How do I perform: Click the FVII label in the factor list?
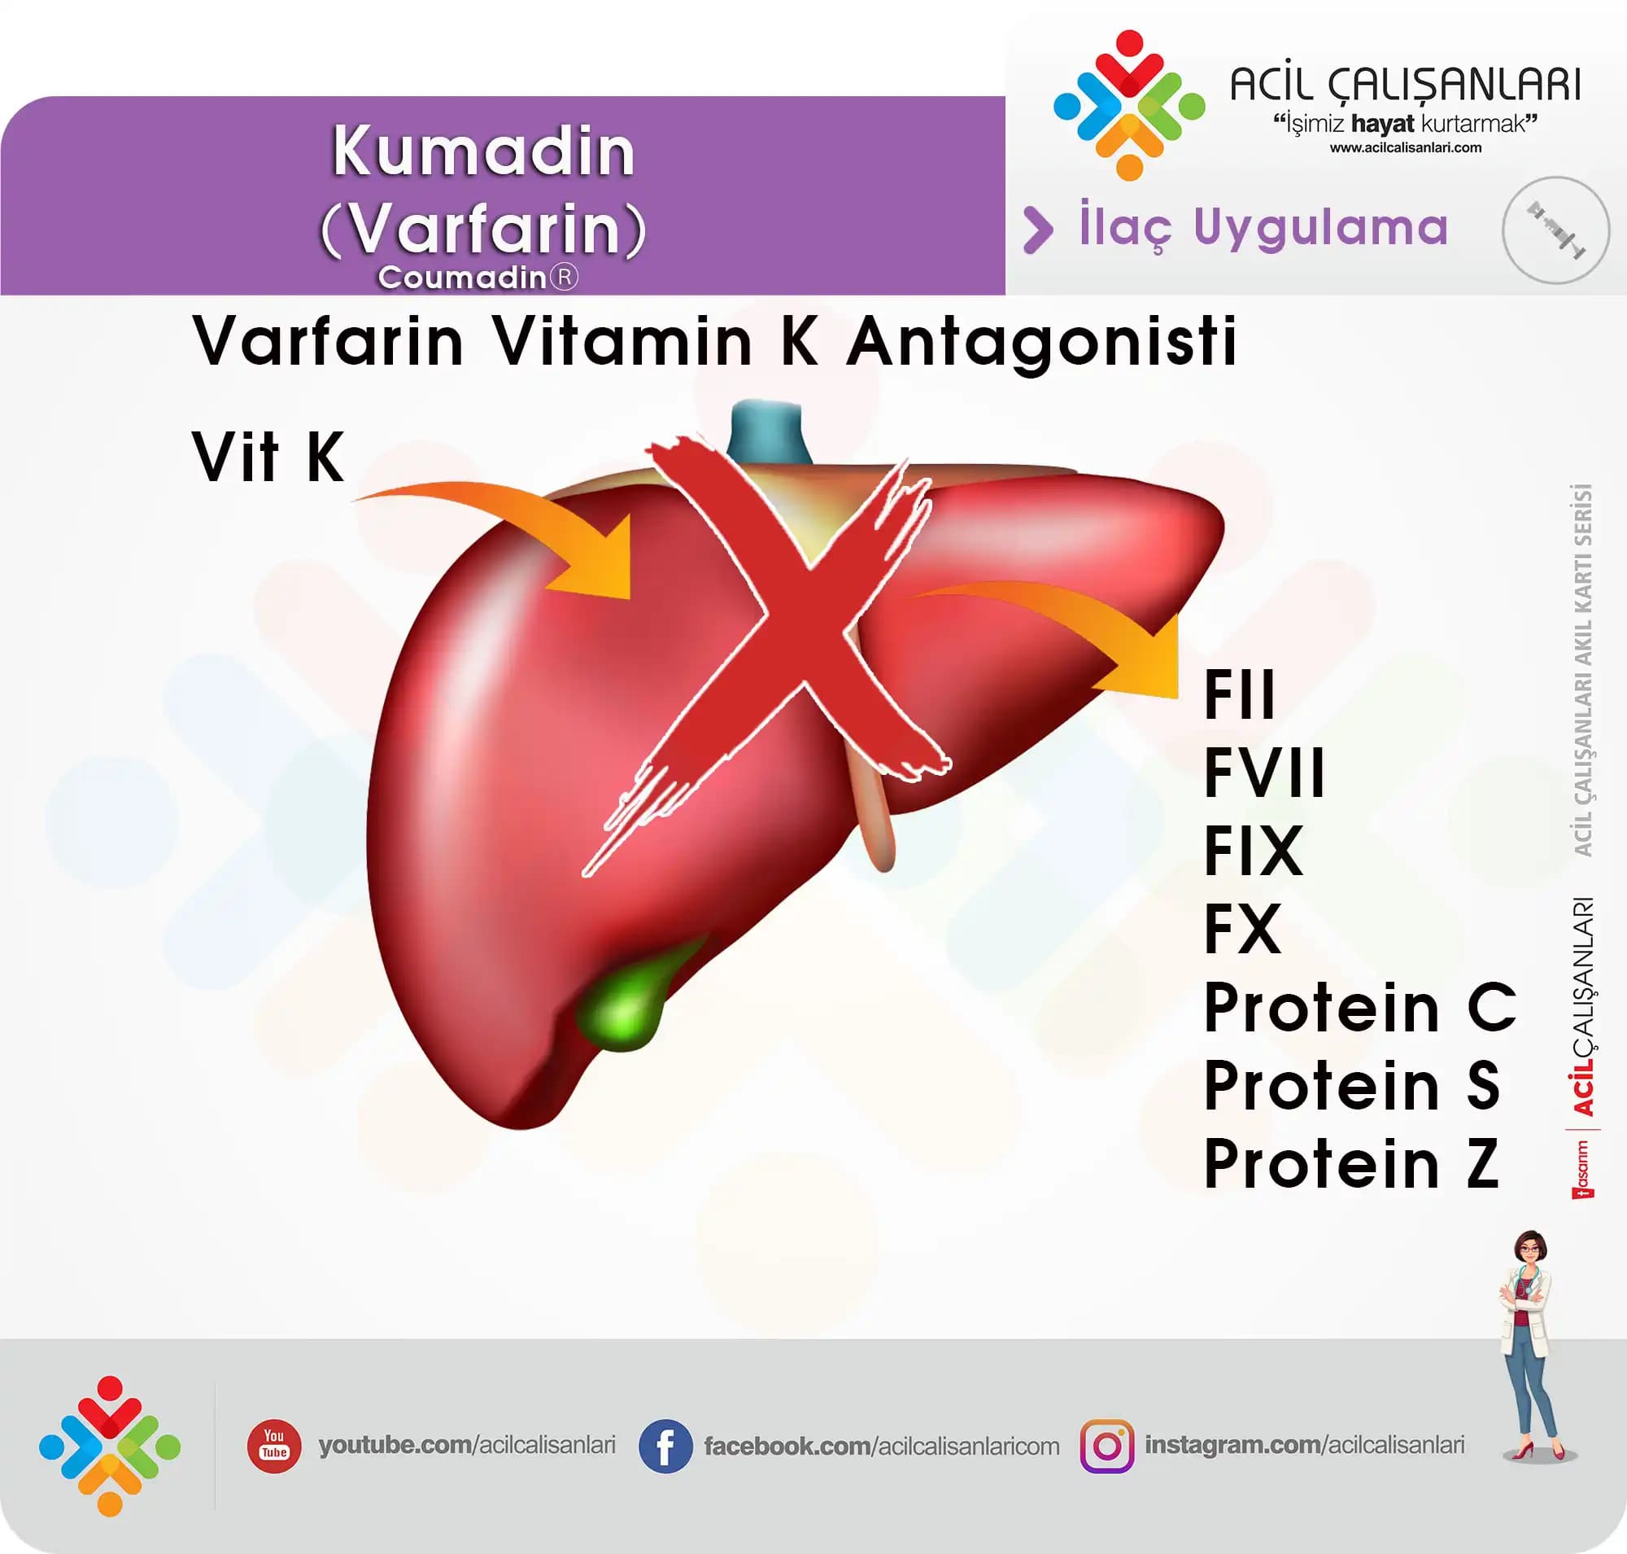[1264, 772]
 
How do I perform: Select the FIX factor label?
[1254, 850]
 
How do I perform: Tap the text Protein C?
[1359, 1007]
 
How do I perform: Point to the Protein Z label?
[1351, 1163]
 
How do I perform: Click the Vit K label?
[268, 457]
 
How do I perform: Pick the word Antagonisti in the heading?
[1041, 341]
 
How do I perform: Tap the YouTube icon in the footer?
[274, 1446]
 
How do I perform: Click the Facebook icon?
[665, 1447]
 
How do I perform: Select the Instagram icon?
[1107, 1447]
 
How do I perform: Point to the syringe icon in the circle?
[1555, 230]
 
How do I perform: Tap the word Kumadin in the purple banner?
[483, 151]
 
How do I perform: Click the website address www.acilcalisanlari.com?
[1406, 147]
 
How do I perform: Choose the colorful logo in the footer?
[110, 1447]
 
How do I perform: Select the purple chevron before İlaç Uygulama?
[1038, 230]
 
